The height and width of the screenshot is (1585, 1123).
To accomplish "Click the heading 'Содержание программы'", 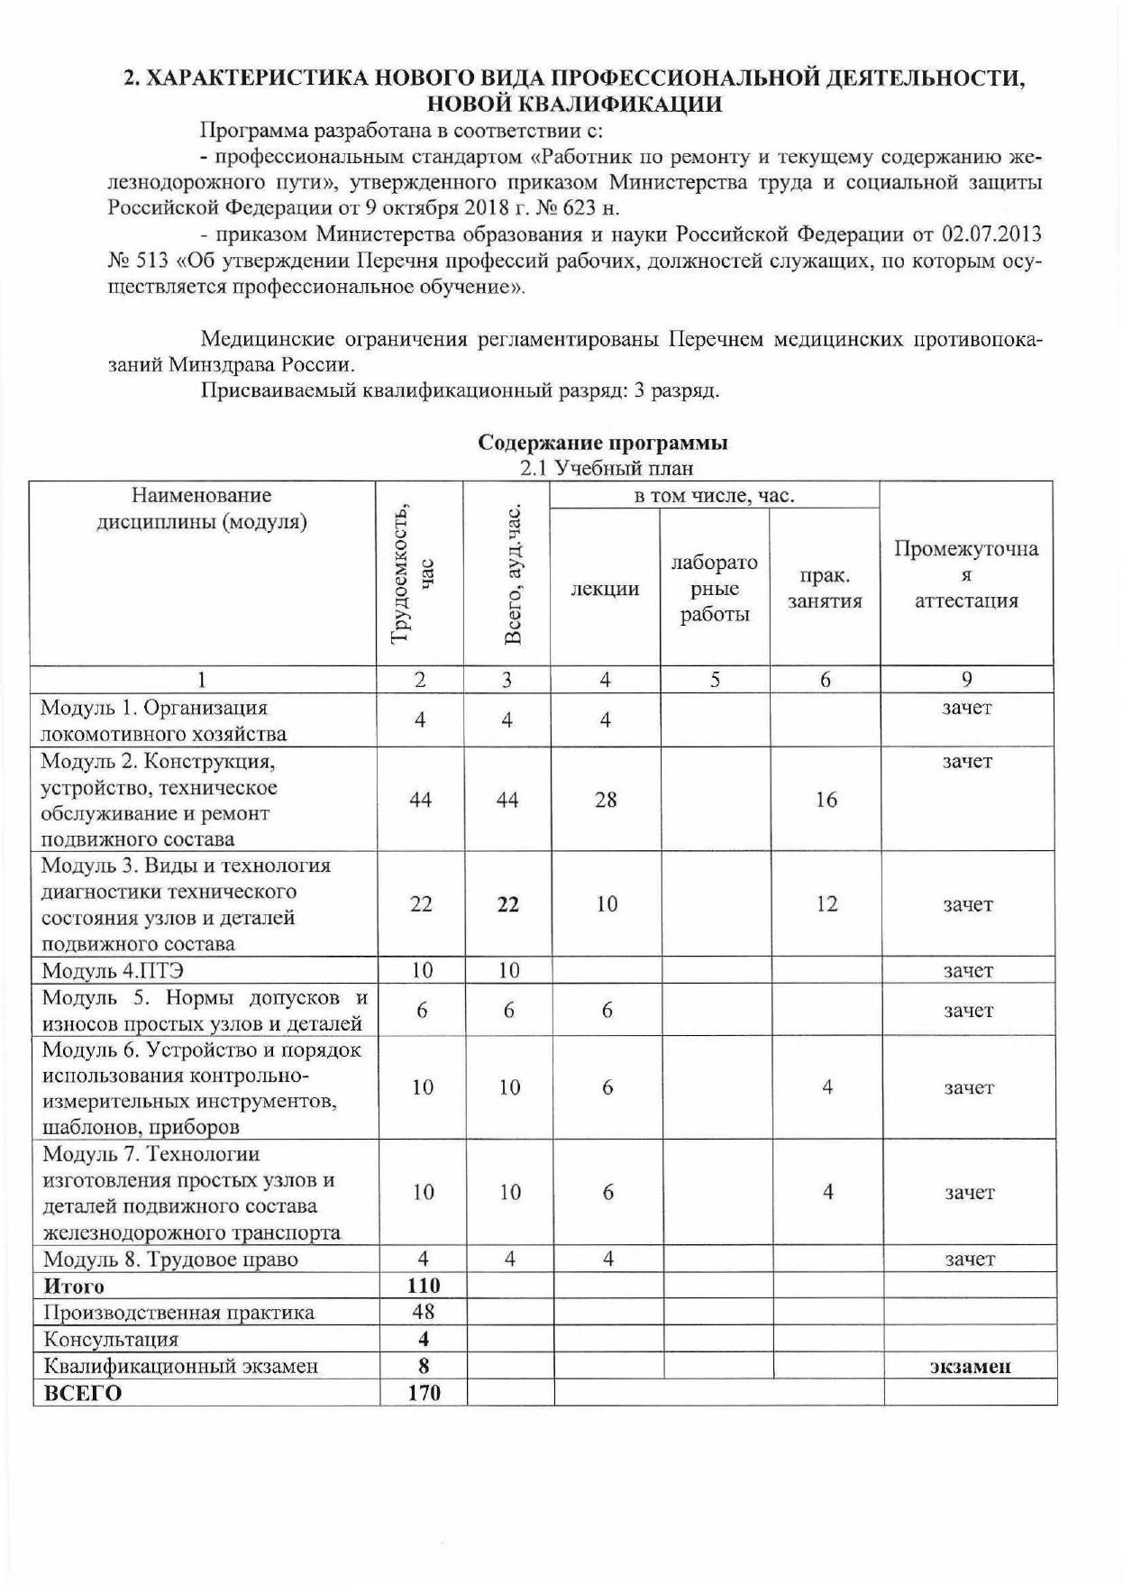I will tap(602, 443).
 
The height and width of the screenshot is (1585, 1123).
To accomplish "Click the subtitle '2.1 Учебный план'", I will tap(607, 468).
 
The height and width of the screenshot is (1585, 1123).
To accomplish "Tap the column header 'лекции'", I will tap(605, 589).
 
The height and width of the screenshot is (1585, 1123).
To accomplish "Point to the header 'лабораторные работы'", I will tap(714, 589).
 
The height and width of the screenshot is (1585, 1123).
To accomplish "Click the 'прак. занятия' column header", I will tap(825, 589).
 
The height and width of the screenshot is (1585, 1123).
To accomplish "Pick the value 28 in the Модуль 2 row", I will tap(606, 799).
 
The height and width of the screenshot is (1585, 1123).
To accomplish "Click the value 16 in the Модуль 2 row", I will tap(826, 799).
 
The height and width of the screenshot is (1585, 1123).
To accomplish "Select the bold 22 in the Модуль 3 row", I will tap(508, 904).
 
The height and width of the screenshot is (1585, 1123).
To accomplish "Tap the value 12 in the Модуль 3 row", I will tap(826, 903).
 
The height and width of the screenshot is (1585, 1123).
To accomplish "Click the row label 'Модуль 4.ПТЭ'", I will tap(114, 971).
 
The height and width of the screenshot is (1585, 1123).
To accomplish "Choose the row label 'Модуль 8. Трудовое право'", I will tap(170, 1260).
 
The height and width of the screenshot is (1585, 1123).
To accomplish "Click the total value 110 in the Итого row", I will tap(424, 1286).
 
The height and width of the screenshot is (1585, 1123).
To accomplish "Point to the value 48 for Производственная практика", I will tap(424, 1312).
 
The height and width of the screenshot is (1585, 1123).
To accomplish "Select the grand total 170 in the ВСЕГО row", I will tap(424, 1393).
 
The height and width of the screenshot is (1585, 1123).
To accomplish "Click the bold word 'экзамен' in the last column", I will tap(970, 1366).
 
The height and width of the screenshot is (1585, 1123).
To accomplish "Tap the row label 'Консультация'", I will tap(111, 1339).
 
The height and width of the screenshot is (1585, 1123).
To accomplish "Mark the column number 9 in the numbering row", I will tap(966, 680).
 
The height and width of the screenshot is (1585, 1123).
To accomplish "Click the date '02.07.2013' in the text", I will tap(991, 234).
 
